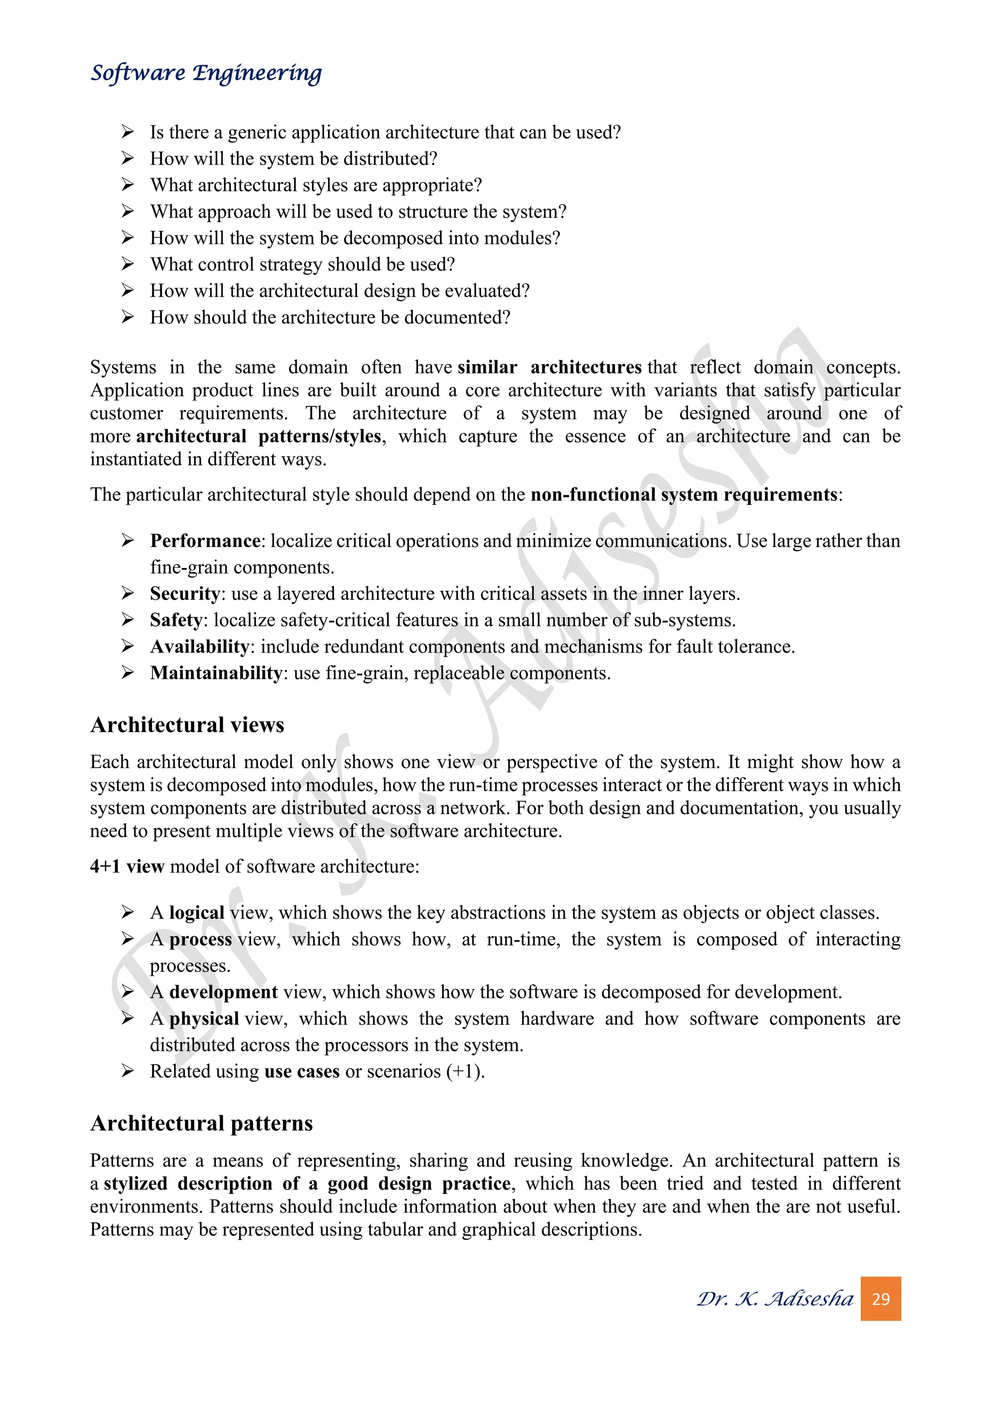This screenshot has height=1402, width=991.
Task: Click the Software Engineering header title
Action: coord(206,73)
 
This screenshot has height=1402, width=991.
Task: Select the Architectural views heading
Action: coord(187,725)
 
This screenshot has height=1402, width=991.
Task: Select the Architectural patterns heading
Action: coord(201,1123)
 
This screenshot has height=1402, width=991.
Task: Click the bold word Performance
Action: coord(205,541)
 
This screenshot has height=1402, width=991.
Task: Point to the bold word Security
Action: coord(184,594)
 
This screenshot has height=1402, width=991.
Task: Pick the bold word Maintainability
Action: coord(216,673)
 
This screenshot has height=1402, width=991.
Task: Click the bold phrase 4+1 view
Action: coord(127,867)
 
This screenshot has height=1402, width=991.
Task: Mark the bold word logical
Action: coord(196,913)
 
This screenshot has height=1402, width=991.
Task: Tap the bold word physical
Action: coord(204,1019)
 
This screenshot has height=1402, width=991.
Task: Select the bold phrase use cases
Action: coord(301,1072)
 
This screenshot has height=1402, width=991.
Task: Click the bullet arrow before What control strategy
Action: coord(128,264)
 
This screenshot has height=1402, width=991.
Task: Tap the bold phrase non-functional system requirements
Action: coord(683,495)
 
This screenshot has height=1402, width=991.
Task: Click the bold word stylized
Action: coord(135,1183)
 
